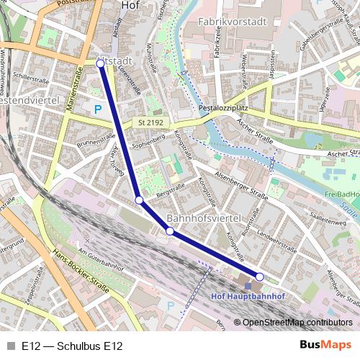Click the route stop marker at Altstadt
pos(100,64)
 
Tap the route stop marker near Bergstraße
pos(139,199)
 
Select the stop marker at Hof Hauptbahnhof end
pos(259,276)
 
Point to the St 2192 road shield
pos(150,123)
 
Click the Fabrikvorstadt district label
pos(229,22)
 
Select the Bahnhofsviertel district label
pos(203,217)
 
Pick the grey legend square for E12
pos(11,346)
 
